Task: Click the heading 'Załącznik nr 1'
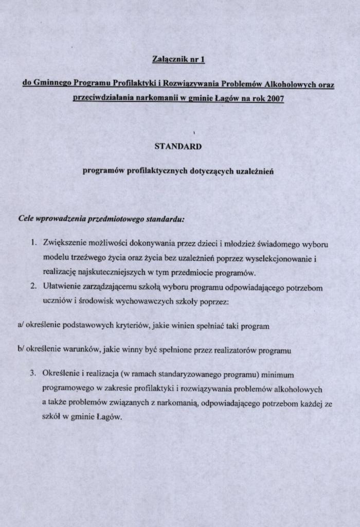(179, 60)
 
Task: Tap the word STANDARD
(178, 146)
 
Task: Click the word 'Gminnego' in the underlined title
(54, 84)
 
